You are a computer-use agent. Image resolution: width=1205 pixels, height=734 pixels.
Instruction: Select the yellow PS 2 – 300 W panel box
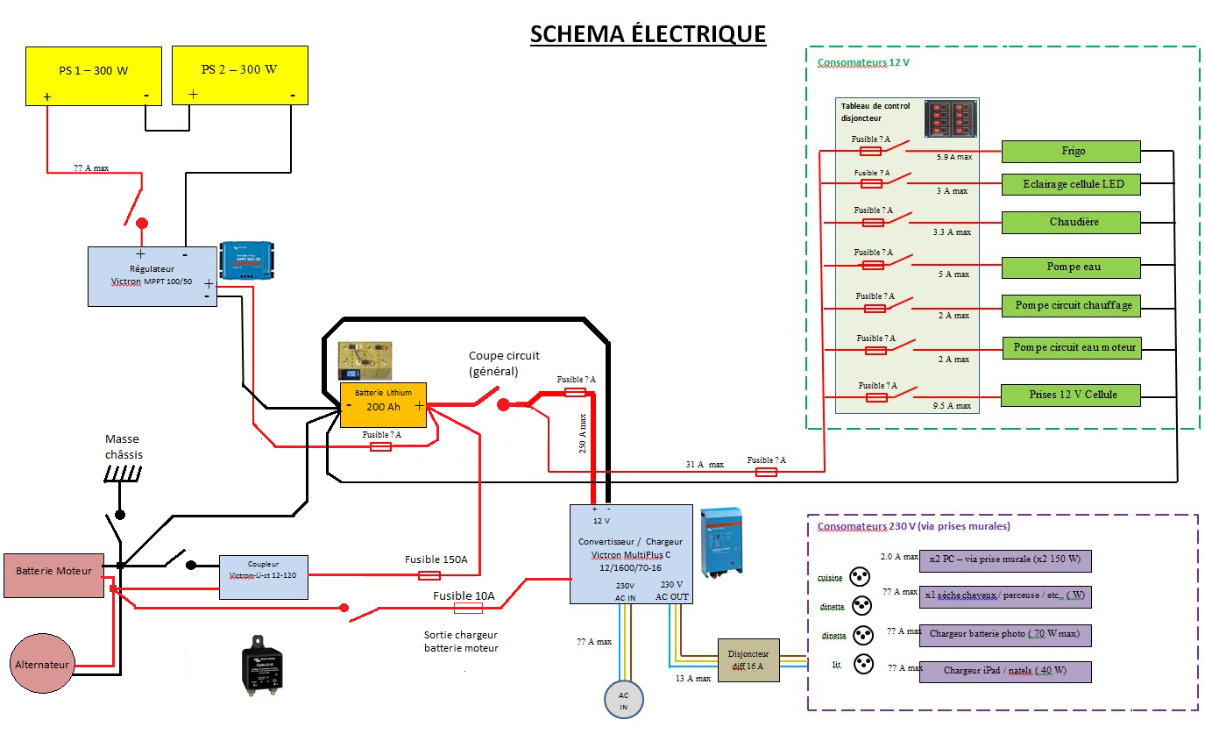pyautogui.click(x=239, y=75)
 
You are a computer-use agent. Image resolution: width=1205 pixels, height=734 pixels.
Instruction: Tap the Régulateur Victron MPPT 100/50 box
pyautogui.click(x=152, y=275)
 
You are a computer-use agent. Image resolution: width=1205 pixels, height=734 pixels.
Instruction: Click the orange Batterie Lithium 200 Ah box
pyautogui.click(x=383, y=404)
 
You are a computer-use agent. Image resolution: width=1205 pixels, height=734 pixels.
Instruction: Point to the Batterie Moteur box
pyautogui.click(x=53, y=575)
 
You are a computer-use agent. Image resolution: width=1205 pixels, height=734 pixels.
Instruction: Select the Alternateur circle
pyautogui.click(x=42, y=664)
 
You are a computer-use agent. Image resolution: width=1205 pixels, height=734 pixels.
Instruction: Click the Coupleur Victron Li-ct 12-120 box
pyautogui.click(x=263, y=576)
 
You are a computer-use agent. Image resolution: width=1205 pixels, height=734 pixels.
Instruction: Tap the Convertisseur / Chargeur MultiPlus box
pyautogui.click(x=631, y=553)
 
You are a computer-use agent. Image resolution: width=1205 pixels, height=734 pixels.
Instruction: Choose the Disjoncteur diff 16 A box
pyautogui.click(x=748, y=659)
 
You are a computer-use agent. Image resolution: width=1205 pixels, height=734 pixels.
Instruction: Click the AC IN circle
pyautogui.click(x=624, y=700)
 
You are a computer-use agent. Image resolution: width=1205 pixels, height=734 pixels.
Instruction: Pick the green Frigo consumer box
pyautogui.click(x=1070, y=152)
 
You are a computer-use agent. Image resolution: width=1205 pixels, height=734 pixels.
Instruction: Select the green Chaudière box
pyautogui.click(x=1070, y=222)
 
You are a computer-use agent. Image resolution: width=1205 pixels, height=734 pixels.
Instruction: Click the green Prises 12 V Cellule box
pyautogui.click(x=1071, y=395)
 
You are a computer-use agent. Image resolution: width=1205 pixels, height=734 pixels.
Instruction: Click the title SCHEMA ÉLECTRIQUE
pyautogui.click(x=648, y=34)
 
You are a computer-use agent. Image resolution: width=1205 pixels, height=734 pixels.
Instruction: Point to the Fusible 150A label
pyautogui.click(x=436, y=559)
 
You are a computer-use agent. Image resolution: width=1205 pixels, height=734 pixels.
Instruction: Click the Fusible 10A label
pyautogui.click(x=464, y=596)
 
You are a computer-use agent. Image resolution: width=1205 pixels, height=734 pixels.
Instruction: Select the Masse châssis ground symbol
pyautogui.click(x=121, y=474)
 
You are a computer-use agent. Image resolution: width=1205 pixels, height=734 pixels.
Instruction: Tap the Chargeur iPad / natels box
pyautogui.click(x=1004, y=671)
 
